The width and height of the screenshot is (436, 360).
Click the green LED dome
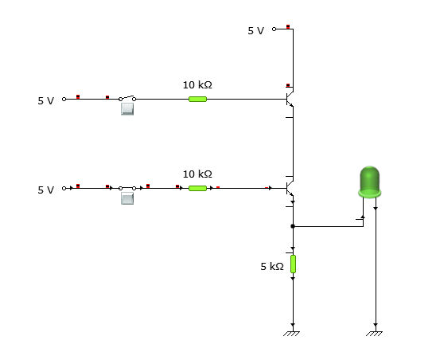370,181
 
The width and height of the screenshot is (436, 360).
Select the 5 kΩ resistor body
293,264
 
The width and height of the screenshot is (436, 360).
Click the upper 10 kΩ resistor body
197,99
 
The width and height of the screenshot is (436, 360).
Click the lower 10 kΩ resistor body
197,189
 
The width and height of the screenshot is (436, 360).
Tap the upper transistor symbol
290,100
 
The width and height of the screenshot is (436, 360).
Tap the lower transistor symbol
290,190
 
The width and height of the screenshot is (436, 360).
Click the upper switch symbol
127,99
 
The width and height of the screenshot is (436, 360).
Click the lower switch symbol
127,189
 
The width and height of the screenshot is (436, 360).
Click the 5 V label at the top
255,30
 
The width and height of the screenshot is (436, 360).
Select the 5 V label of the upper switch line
46,101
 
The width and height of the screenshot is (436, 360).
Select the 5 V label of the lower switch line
46,190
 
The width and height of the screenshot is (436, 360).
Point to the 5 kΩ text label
271,266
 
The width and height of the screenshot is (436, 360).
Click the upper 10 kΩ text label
197,84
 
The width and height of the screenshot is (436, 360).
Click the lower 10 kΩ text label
197,174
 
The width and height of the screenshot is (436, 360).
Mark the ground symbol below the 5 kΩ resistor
293,332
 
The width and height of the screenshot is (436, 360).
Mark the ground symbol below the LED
375,332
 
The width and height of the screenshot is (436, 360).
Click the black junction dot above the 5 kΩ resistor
293,226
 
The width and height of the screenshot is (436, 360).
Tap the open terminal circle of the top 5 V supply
274,29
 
